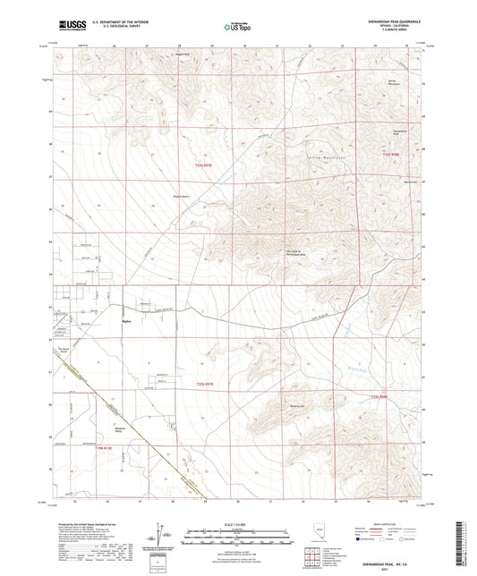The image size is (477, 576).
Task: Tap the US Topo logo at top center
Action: pos(236,27)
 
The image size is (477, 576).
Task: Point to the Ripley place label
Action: pos(126,317)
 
